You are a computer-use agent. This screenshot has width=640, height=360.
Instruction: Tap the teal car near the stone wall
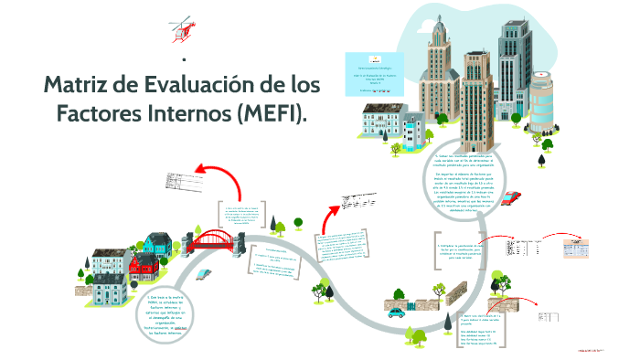pyautogui.click(x=396, y=312)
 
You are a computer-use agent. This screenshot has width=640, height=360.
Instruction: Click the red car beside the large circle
pyautogui.click(x=511, y=197)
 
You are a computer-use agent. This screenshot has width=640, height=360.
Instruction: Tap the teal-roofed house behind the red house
pyautogui.click(x=158, y=243)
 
